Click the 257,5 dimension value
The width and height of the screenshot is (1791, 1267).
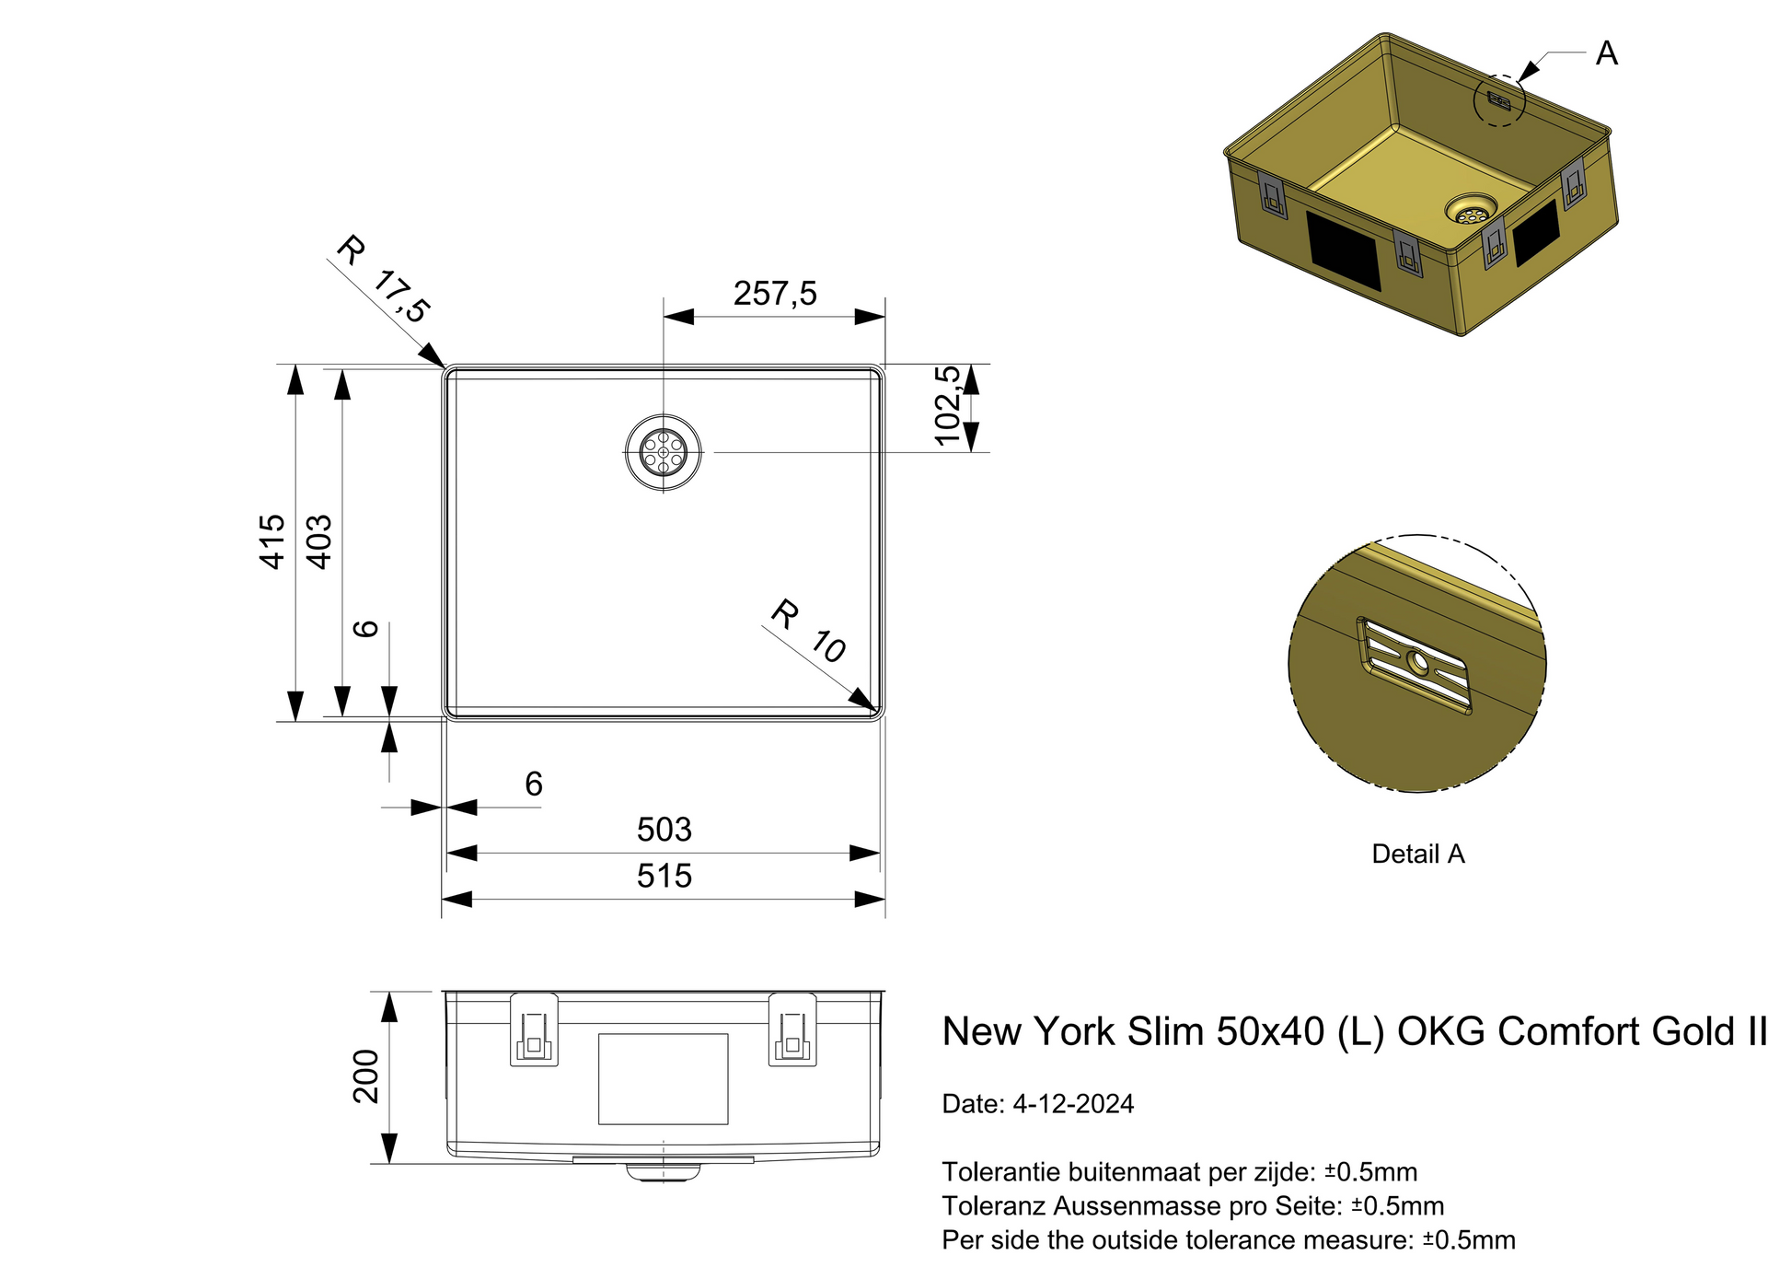(x=775, y=294)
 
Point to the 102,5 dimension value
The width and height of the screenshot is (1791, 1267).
(x=948, y=406)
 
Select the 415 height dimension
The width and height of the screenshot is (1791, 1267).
(x=272, y=541)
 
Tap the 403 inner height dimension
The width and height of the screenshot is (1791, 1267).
(x=318, y=541)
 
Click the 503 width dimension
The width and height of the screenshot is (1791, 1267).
(x=664, y=830)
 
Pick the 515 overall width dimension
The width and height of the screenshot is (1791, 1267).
(x=664, y=876)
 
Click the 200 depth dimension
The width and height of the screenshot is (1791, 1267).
(x=366, y=1075)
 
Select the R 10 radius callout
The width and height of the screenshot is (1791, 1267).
(x=809, y=631)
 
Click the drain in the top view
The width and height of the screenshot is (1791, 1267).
(x=664, y=452)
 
